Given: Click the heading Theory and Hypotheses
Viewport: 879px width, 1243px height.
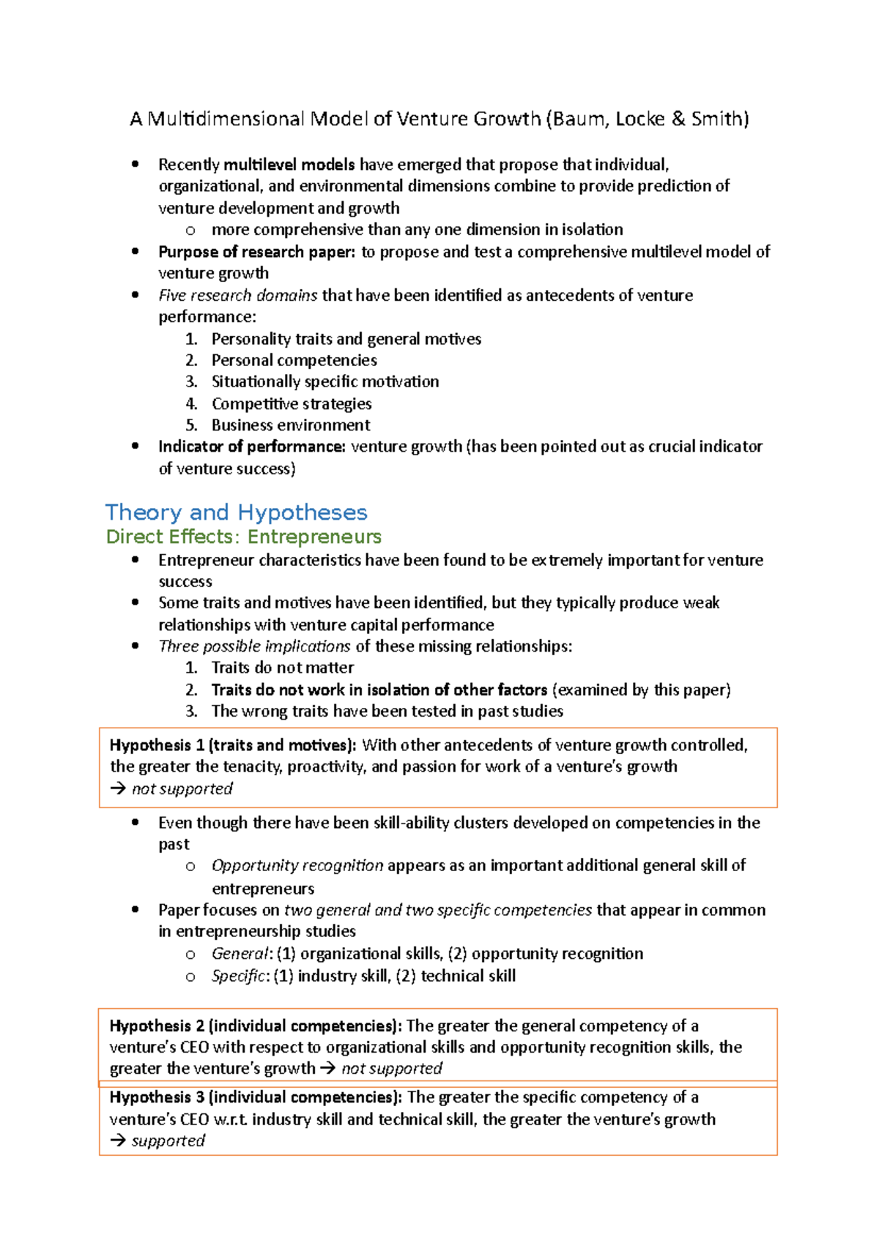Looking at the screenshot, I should (x=236, y=512).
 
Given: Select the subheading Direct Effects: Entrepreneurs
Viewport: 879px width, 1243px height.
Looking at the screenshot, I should (x=243, y=537).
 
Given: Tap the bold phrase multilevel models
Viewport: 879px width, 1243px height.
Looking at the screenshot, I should (x=289, y=165).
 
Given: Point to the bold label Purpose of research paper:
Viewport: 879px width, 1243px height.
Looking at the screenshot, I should (x=256, y=252).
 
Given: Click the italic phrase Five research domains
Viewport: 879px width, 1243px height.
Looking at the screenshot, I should (x=238, y=295).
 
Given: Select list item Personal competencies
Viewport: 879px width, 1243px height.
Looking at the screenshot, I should (x=294, y=360).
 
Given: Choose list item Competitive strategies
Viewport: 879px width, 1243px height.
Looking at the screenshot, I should (x=292, y=403).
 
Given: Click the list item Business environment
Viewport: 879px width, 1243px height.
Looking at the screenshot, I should (x=291, y=425).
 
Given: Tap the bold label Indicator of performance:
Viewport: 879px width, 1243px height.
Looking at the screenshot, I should (x=252, y=447).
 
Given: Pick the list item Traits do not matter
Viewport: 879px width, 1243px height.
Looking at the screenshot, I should (x=282, y=668).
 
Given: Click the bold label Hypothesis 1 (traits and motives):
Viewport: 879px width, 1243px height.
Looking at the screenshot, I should (x=233, y=745).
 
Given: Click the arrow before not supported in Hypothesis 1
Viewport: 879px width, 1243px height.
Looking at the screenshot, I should (x=117, y=789).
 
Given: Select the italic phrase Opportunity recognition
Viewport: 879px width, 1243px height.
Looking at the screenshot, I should (x=297, y=865).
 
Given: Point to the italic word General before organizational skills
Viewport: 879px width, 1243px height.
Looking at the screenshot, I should (x=240, y=953).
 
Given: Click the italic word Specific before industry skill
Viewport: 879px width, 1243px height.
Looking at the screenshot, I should (x=240, y=976).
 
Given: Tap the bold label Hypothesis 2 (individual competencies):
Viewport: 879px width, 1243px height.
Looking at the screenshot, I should (x=256, y=1026).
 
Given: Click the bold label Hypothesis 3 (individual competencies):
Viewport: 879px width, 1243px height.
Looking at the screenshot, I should (x=256, y=1097).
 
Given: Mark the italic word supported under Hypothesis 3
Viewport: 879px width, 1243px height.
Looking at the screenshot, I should (x=168, y=1141).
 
